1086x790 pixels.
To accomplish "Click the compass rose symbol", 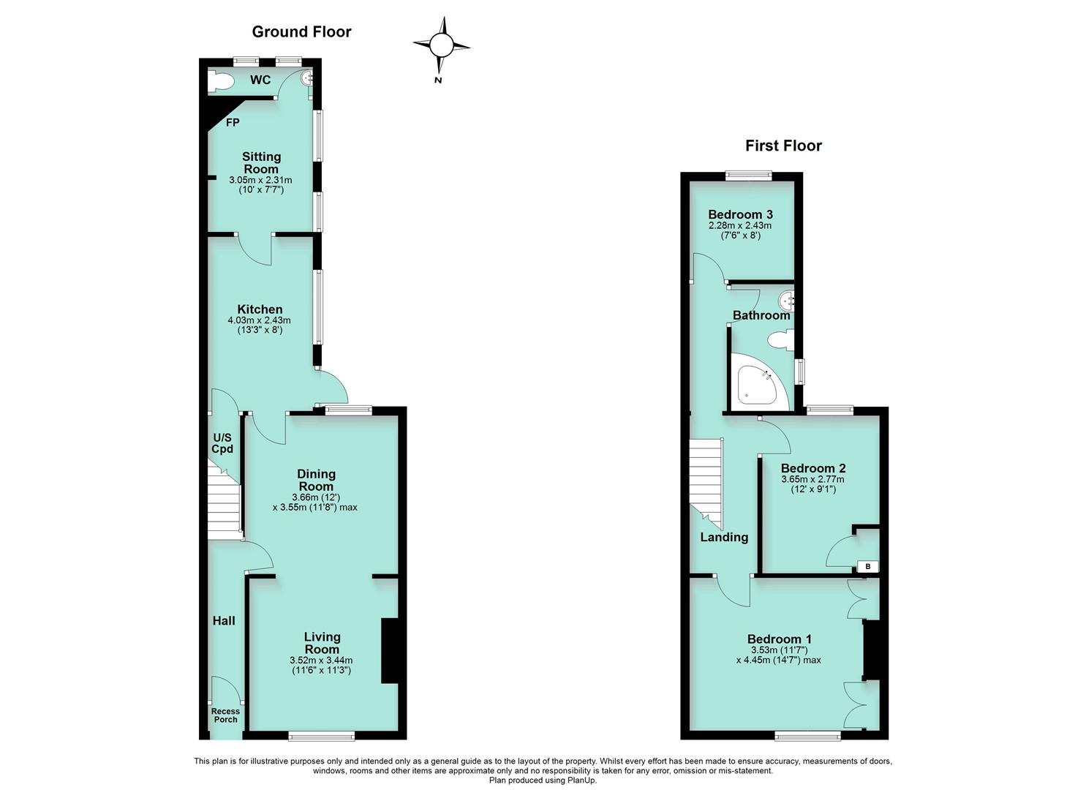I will (x=441, y=46).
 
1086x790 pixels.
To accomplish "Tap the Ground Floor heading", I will (x=301, y=31).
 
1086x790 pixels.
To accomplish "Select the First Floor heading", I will (x=783, y=146).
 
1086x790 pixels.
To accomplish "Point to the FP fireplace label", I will (x=232, y=123).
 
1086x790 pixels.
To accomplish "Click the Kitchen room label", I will (x=260, y=309).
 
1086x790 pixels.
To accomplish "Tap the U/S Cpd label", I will (x=222, y=443).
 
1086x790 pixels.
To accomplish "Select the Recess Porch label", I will (x=225, y=715).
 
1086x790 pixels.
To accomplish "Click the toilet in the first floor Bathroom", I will (x=780, y=339).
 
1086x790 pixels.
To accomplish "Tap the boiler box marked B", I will (x=867, y=566).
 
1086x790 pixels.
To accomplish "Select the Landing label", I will (x=724, y=538).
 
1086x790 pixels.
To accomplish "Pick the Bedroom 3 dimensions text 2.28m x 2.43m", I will (x=740, y=225).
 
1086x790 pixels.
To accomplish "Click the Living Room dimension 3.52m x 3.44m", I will (x=322, y=660).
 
